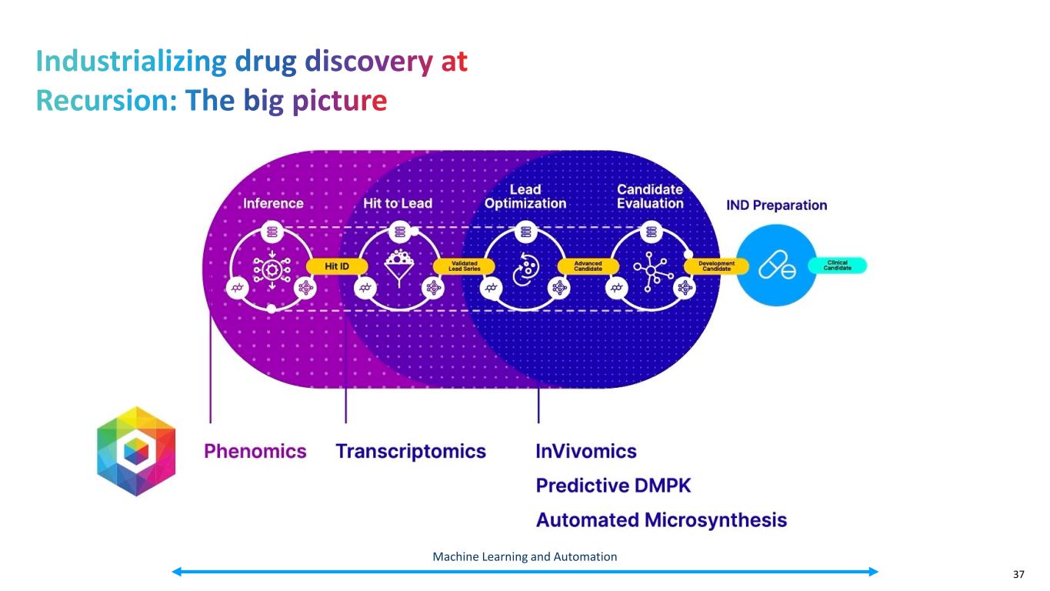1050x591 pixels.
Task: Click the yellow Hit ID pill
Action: point(337,265)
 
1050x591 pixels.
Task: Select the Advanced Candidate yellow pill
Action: point(588,265)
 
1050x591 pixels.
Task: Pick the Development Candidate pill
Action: point(715,265)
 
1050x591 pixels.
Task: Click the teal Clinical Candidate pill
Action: point(837,265)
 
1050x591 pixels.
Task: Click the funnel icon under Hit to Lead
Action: point(398,266)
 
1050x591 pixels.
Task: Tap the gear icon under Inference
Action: point(271,269)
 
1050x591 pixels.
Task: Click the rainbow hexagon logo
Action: point(136,451)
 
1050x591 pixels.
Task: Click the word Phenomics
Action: point(255,452)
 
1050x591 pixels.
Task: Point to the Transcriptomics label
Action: point(411,452)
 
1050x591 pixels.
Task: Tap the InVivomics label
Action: point(586,452)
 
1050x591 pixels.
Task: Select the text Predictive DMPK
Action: point(613,486)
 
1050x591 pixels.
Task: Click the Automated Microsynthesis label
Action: point(661,520)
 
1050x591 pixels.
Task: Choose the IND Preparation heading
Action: point(777,205)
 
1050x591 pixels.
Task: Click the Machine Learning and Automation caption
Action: point(525,556)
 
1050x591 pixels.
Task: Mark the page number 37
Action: point(1018,575)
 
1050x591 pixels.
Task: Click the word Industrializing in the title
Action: point(131,62)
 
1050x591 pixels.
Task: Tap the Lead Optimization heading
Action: point(525,196)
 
